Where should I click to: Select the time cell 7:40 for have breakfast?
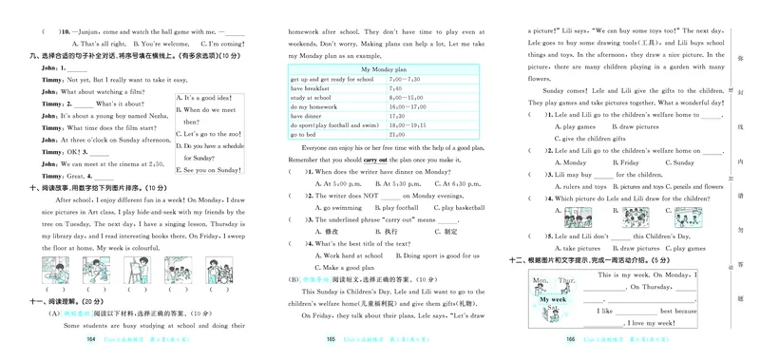(396, 87)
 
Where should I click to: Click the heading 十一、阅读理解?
(61, 300)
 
